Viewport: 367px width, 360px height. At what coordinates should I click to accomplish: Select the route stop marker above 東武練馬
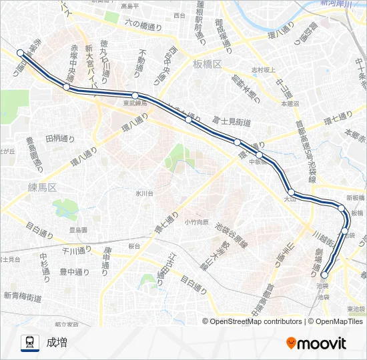tap(135, 95)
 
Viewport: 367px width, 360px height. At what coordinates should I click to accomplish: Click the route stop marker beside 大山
tap(291, 192)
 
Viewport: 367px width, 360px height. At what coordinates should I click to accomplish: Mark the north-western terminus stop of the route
tap(20, 53)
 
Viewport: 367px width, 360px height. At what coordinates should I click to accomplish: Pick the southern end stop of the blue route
tap(325, 275)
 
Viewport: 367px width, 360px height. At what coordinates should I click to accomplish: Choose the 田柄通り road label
tap(60, 139)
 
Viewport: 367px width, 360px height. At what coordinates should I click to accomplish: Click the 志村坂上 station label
tap(263, 69)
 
